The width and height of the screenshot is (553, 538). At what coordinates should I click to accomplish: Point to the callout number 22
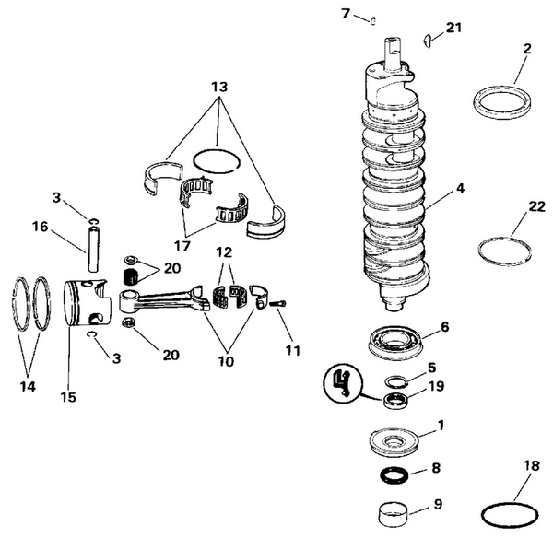coord(511,210)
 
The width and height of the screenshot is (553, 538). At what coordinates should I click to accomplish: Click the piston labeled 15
coord(88,305)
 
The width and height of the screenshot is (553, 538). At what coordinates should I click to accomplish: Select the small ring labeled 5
coord(395,381)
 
